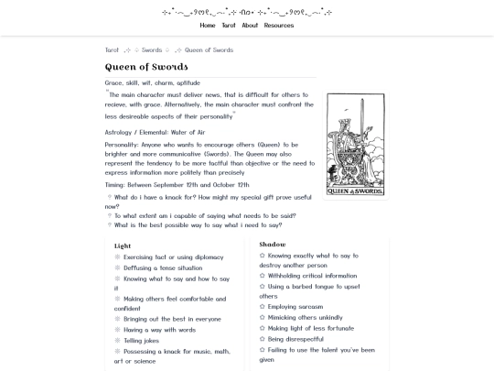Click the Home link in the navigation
tap(208, 26)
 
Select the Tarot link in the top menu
tap(229, 26)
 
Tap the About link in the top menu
tap(250, 26)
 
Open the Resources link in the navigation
tap(279, 26)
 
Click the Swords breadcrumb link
tap(152, 50)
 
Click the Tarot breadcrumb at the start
tap(112, 50)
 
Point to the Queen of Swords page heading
tap(146, 67)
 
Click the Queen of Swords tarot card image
tap(355, 145)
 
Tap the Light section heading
tap(123, 246)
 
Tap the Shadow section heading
tap(272, 245)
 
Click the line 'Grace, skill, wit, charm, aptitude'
tap(152, 82)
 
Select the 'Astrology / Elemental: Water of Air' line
tap(155, 132)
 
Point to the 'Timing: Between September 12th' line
tap(177, 184)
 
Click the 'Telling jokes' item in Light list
tap(141, 340)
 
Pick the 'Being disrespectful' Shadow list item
tap(295, 339)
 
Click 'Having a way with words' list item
tap(159, 330)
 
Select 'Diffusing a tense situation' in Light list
tap(163, 267)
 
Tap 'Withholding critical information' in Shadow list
tap(312, 276)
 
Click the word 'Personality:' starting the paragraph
tap(122, 145)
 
